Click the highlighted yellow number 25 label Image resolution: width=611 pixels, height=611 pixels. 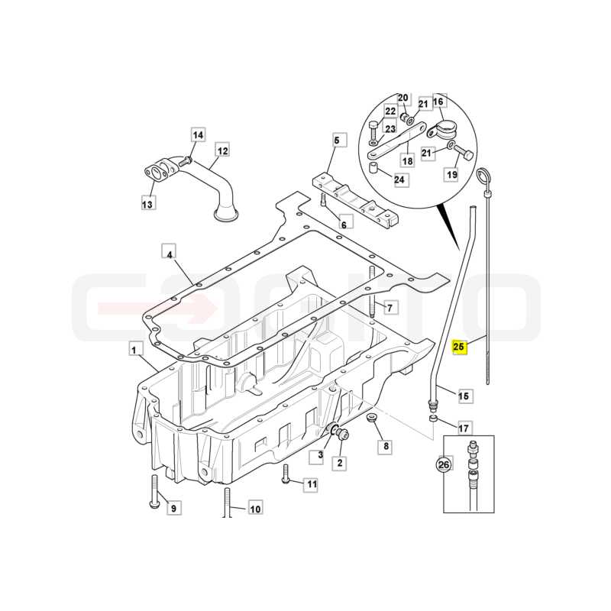(459, 347)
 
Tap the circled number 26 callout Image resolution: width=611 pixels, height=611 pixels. (444, 464)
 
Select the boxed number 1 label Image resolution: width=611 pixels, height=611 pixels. (134, 350)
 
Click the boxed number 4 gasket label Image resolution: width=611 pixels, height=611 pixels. (169, 254)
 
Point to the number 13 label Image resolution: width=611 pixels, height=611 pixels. (147, 203)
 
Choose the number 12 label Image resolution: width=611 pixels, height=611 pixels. (222, 150)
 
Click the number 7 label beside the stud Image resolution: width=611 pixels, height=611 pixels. (390, 308)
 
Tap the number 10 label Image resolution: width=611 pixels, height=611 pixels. (255, 509)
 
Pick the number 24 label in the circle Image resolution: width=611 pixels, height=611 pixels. (399, 180)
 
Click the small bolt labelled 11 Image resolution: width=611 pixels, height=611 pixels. (285, 474)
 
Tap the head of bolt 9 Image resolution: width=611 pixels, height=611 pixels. (154, 505)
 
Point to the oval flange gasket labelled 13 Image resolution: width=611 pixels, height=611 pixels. (155, 174)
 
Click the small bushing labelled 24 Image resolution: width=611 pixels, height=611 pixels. (374, 170)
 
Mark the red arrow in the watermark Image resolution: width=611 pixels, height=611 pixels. (157, 308)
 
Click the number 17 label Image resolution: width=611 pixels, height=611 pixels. (464, 428)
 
